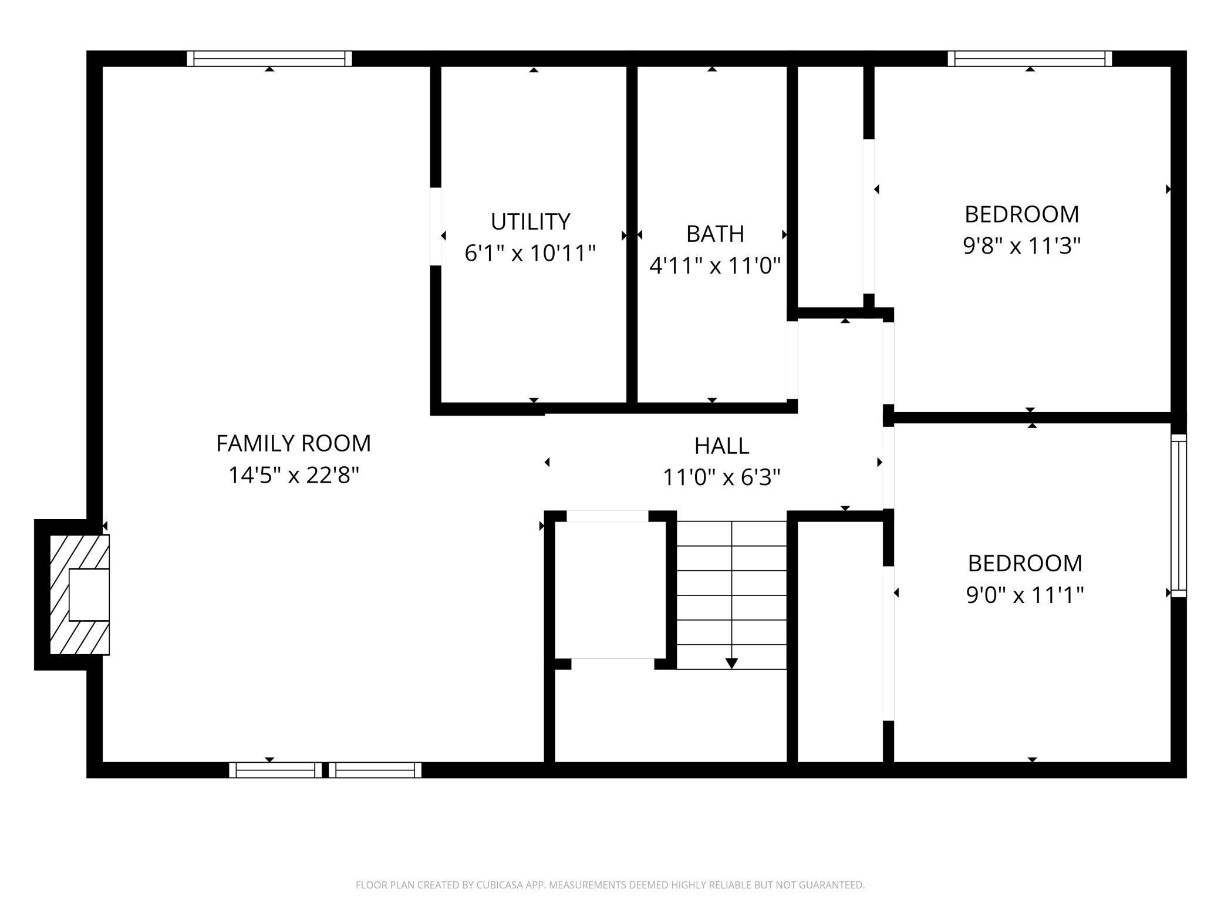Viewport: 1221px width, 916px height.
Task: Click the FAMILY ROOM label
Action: click(x=294, y=443)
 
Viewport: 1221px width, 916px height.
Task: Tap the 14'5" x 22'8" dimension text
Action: click(x=294, y=475)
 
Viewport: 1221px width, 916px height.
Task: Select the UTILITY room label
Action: click(x=531, y=222)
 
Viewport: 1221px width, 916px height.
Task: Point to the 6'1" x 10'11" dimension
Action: click(x=530, y=254)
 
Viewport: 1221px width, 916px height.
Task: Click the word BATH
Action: click(x=715, y=234)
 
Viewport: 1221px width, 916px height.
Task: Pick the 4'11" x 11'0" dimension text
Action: click(x=715, y=266)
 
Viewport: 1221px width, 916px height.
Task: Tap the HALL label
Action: click(x=721, y=446)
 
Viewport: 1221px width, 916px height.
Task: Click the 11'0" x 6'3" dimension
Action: click(x=721, y=477)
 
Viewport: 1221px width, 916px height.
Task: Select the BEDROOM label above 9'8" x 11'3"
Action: click(x=1022, y=214)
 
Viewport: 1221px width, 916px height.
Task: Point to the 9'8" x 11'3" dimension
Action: click(x=1022, y=245)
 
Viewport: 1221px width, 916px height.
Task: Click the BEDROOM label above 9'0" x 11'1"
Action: click(x=1025, y=563)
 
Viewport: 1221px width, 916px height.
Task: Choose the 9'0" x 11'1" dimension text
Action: click(x=1025, y=595)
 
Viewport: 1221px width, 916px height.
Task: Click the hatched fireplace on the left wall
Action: click(x=80, y=594)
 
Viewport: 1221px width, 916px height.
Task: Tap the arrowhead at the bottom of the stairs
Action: click(x=731, y=664)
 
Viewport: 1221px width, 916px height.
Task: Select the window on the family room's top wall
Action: click(x=269, y=59)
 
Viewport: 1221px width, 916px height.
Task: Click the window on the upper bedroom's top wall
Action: click(x=1030, y=59)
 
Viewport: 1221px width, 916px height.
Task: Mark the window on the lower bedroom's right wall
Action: click(x=1179, y=516)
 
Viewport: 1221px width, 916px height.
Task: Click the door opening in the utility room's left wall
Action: click(x=436, y=227)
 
